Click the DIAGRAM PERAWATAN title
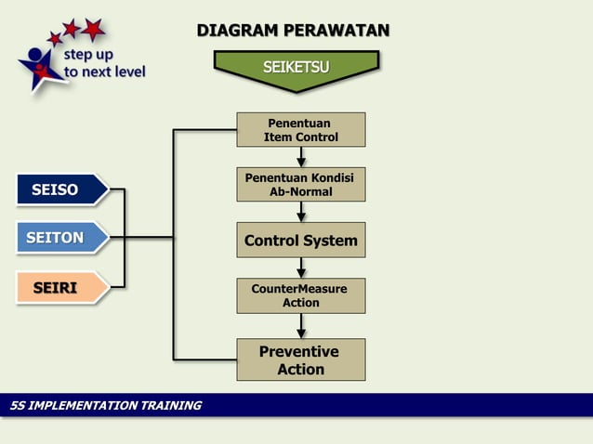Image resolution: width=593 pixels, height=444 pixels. coord(293,31)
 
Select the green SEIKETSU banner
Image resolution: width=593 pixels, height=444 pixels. coord(296,67)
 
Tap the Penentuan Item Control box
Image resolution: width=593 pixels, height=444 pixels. coord(300,130)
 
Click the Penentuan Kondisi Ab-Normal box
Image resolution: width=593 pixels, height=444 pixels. coord(300,184)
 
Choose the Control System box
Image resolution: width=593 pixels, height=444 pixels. coord(300,241)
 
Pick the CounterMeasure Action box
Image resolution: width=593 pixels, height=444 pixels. coord(300,295)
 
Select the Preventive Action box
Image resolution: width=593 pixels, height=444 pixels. coord(300,359)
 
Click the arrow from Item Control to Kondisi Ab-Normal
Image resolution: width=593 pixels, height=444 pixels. coord(301,157)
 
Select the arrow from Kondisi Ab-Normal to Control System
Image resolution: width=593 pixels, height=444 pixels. coord(301,212)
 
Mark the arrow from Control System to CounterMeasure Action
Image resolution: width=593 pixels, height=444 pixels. coord(301,268)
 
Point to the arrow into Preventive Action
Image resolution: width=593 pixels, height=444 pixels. coord(301,326)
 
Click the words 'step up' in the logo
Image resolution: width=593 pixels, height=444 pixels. coord(89,54)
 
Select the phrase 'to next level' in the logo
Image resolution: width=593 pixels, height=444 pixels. coord(105,72)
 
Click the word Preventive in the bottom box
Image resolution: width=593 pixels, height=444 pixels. coord(298,351)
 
